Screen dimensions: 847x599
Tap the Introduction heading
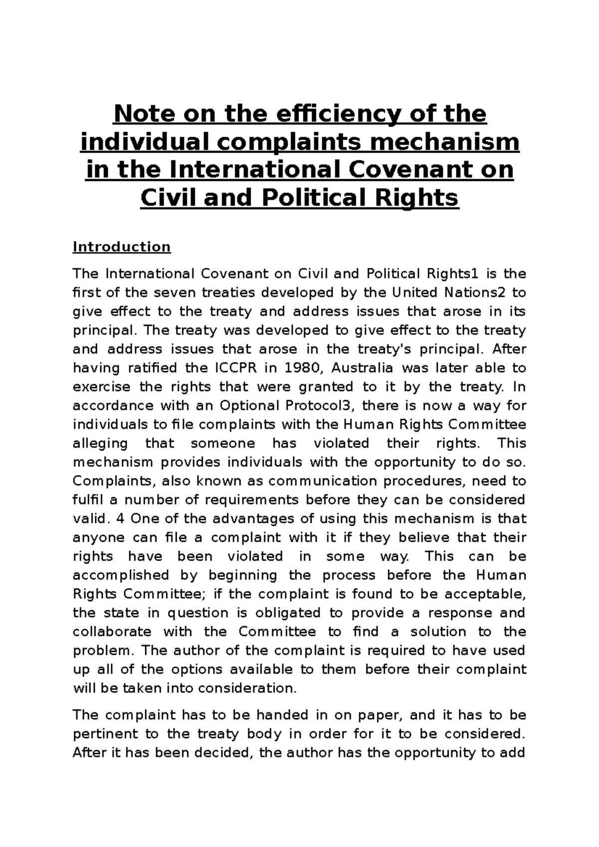tap(122, 247)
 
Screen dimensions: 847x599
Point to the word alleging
tap(100, 443)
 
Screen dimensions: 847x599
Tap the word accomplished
tap(121, 575)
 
